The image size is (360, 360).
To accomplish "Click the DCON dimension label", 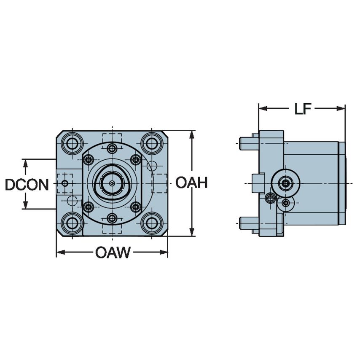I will click(27, 184).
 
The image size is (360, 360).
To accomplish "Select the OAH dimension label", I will click(191, 183).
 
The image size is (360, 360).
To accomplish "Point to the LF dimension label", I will click(302, 109).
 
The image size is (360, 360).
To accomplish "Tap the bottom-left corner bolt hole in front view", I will click(72, 223).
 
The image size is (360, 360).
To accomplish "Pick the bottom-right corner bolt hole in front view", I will click(151, 223).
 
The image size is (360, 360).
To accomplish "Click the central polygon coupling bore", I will click(112, 183).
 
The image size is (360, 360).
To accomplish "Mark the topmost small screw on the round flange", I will click(112, 148).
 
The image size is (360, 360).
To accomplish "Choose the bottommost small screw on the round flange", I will click(112, 218).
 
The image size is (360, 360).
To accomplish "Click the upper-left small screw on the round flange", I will click(88, 159).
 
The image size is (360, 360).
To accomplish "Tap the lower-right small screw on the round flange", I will click(135, 207).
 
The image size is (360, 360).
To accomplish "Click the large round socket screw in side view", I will click(286, 183).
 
